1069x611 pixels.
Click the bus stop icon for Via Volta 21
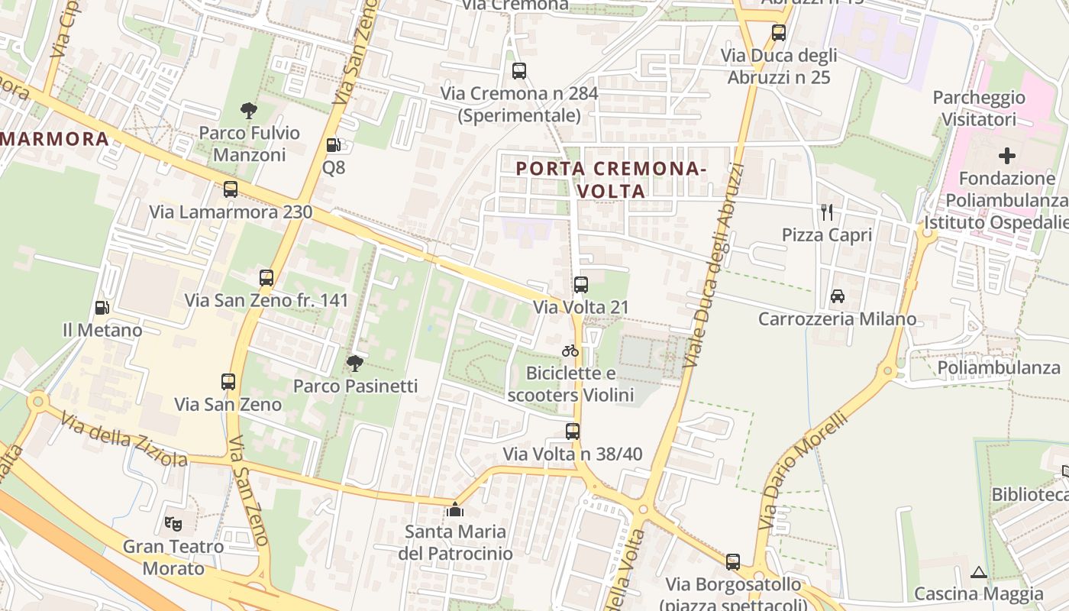581,285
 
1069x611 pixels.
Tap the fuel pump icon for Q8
333,145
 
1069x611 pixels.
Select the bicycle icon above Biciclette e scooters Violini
570,351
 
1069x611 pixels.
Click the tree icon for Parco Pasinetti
354,364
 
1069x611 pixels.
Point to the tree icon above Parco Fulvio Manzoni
248,111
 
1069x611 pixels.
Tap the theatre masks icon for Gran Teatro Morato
173,524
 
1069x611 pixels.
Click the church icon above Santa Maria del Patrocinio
455,509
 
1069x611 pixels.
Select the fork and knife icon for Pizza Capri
827,212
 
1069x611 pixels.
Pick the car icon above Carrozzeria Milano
837,296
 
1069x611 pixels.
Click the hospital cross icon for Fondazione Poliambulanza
1007,157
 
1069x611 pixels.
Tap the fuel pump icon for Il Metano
102,308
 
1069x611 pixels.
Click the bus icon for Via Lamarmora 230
231,189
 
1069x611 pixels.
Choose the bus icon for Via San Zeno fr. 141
266,278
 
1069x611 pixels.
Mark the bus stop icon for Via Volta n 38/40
573,432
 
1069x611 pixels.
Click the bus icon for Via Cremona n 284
519,71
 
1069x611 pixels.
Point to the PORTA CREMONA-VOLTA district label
611,179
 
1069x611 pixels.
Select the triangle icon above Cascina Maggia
979,572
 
